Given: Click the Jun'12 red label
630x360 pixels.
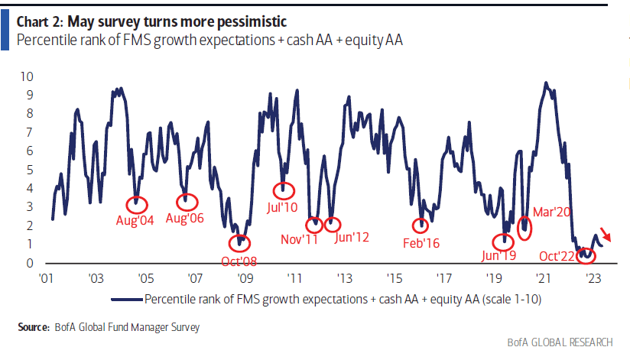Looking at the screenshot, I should click(x=352, y=238).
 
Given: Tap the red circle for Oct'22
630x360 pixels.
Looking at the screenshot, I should click(x=586, y=254).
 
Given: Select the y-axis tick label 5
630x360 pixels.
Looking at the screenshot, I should click(x=29, y=170).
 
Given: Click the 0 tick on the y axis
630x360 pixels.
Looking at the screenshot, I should click(x=29, y=263).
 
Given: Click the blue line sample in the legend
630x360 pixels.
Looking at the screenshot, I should click(x=126, y=300).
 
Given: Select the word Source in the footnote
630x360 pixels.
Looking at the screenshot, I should click(x=34, y=328).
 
